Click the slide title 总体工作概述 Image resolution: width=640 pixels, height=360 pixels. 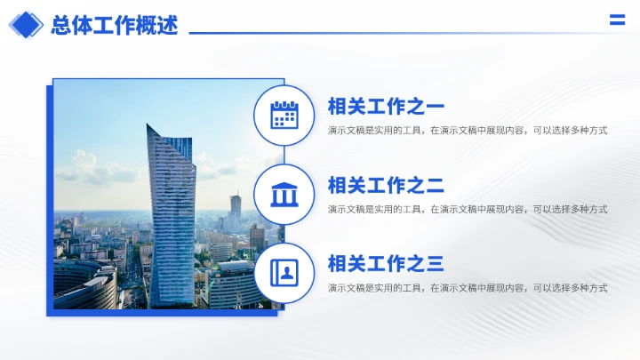click(115, 25)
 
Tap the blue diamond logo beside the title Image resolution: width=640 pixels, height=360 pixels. click(26, 24)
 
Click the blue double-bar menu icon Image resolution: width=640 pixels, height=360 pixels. click(617, 21)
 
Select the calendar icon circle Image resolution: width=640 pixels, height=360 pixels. click(284, 116)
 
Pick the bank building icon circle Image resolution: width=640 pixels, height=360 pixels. click(284, 194)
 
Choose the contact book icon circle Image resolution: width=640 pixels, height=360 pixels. click(284, 272)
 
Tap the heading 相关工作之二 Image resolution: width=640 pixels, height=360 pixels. click(386, 186)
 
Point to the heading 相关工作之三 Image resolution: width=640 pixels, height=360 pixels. click(386, 264)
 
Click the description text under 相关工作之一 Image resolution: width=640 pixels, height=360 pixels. click(468, 131)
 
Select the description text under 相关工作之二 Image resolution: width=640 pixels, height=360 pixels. click(468, 210)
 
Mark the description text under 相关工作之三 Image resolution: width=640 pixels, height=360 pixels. click(468, 288)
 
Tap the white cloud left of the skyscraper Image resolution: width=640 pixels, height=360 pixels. click(89, 167)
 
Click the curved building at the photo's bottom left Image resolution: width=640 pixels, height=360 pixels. click(84, 284)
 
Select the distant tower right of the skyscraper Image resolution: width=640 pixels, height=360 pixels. click(236, 208)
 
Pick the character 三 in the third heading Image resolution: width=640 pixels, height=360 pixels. click(435, 264)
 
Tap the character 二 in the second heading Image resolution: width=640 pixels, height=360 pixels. click(435, 186)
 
